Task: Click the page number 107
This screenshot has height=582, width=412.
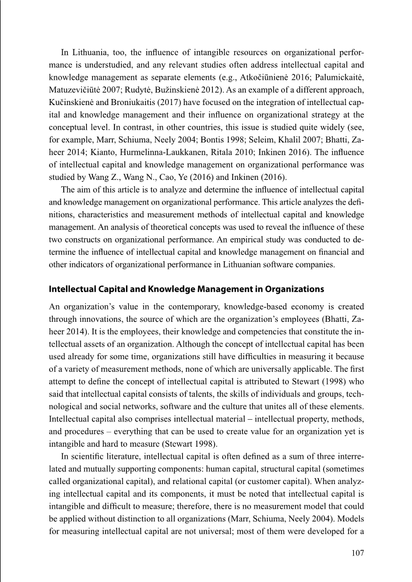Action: coord(356,553)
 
